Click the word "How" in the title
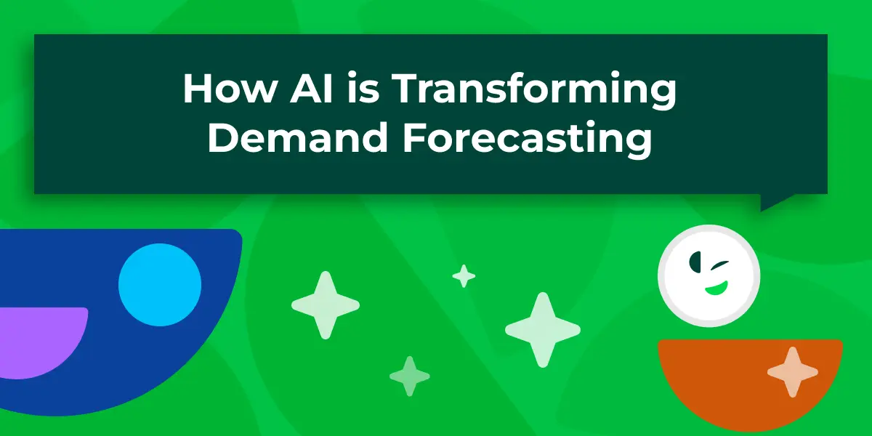(x=229, y=88)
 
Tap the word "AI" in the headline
(x=311, y=88)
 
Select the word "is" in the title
(x=363, y=88)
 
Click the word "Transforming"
(x=534, y=91)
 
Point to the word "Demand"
(x=298, y=137)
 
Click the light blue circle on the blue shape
(x=160, y=285)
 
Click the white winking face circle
(x=709, y=275)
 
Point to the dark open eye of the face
(x=695, y=262)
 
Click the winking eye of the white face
(x=719, y=265)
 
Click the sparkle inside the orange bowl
(x=793, y=372)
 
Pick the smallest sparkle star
(x=464, y=276)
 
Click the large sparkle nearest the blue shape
(x=326, y=305)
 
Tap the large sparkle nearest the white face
(x=543, y=330)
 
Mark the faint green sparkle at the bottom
(x=410, y=376)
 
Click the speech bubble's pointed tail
(x=772, y=201)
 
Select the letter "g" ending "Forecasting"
(x=639, y=145)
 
